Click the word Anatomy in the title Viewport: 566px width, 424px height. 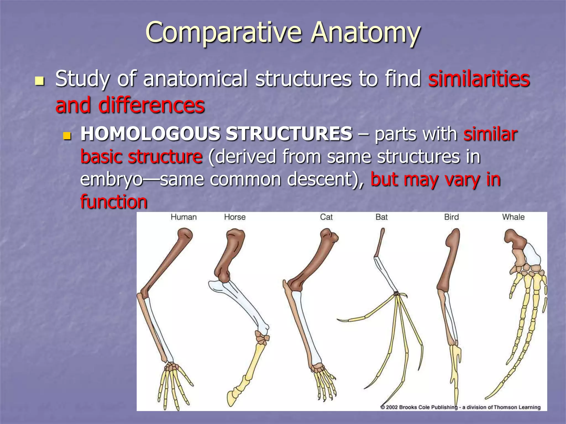click(365, 33)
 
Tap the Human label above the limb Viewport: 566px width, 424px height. click(184, 217)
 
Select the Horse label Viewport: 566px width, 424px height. click(235, 217)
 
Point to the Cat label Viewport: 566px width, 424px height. click(326, 217)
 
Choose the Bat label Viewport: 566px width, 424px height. click(381, 217)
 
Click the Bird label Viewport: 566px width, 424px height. click(451, 217)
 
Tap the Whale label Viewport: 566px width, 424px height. click(513, 217)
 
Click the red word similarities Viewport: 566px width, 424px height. click(479, 79)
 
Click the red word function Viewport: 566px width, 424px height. click(114, 202)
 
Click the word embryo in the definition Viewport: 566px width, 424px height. click(111, 179)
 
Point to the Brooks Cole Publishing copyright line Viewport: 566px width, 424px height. click(460, 407)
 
